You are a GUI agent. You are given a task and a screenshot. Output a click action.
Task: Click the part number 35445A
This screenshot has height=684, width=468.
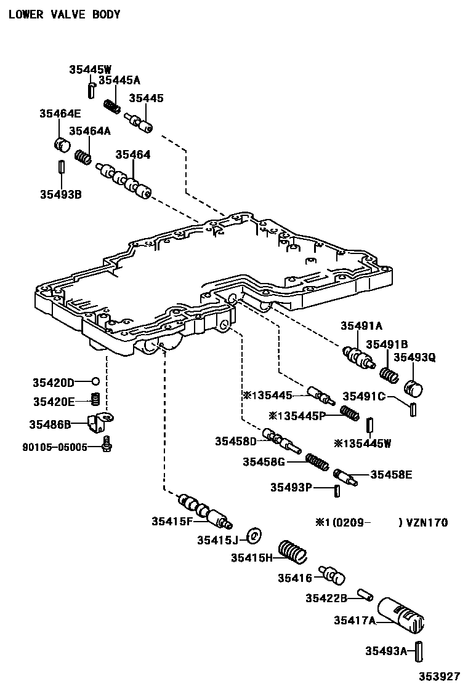tap(119, 80)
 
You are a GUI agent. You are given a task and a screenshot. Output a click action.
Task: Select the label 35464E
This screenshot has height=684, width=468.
tap(60, 113)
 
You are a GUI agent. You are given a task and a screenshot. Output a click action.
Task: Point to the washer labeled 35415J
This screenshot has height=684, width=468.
tap(254, 535)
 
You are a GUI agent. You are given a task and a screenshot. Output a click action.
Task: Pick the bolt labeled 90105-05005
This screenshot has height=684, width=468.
tap(107, 443)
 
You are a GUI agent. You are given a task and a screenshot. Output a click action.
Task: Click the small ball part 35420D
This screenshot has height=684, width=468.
tap(95, 382)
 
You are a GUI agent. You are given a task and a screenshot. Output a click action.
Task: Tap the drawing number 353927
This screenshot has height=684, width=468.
tap(440, 675)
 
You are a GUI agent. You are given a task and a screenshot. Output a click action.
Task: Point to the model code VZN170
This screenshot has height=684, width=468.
tap(425, 523)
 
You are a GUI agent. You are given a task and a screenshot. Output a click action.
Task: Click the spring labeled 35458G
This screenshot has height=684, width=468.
tap(317, 461)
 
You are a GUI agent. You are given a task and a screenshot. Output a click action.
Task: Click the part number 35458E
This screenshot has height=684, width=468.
tap(391, 474)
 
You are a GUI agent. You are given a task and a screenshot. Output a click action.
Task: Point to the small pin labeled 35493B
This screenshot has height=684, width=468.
tap(61, 167)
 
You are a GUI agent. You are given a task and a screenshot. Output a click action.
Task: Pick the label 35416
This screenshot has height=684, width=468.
tap(296, 577)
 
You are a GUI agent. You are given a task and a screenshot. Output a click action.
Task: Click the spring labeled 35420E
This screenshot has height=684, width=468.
tap(95, 400)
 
